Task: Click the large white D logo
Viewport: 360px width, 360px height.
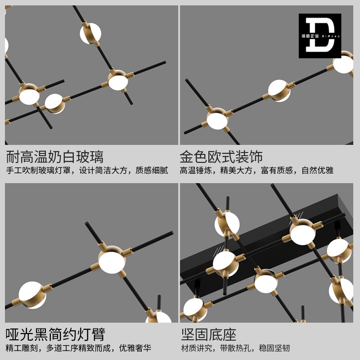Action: point(319,35)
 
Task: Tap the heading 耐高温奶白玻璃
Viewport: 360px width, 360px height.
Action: point(54,157)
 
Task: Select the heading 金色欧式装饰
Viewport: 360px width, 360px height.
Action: point(221,157)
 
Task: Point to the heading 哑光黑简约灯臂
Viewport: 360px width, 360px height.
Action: point(55,334)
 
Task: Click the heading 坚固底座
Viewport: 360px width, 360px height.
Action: point(209,334)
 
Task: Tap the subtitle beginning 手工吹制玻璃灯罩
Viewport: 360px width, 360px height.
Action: point(87,171)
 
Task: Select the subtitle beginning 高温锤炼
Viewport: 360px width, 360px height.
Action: point(256,171)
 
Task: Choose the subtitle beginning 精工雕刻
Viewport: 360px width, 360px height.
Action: point(78,348)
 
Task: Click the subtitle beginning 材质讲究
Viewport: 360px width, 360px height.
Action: point(235,348)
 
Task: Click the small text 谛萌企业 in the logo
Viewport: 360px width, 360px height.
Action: point(310,36)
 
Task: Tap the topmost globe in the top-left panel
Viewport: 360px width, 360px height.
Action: point(90,33)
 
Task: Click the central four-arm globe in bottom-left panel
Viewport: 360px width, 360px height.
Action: point(112,261)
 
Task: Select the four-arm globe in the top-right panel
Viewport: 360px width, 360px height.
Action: point(217,120)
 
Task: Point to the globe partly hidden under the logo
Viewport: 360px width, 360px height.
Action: point(343,63)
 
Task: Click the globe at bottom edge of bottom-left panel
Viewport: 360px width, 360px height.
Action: point(158,317)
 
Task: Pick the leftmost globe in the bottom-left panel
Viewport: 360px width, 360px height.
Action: point(32,295)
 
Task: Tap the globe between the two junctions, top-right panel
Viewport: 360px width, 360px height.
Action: point(279,91)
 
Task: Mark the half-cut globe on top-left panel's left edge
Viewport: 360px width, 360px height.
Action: point(6,45)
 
